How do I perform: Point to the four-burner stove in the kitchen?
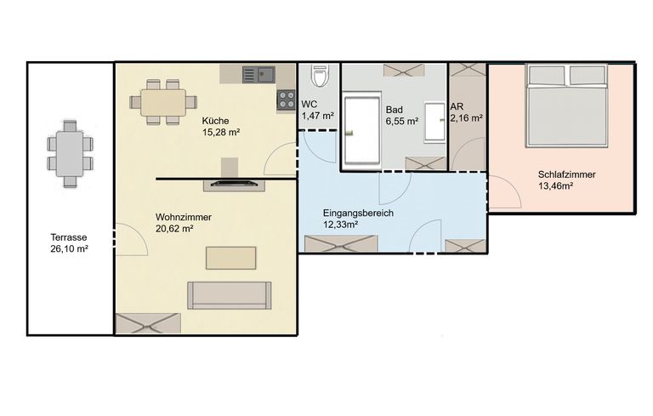click(285, 100)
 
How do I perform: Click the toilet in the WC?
click(320, 78)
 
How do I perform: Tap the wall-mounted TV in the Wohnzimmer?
click(234, 182)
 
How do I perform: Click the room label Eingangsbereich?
click(357, 213)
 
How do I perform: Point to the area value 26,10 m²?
click(70, 249)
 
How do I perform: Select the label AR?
click(457, 107)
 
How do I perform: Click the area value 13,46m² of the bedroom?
click(554, 186)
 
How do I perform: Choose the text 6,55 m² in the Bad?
click(401, 122)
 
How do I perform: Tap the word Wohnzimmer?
click(183, 217)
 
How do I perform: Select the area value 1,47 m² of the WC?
click(316, 115)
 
